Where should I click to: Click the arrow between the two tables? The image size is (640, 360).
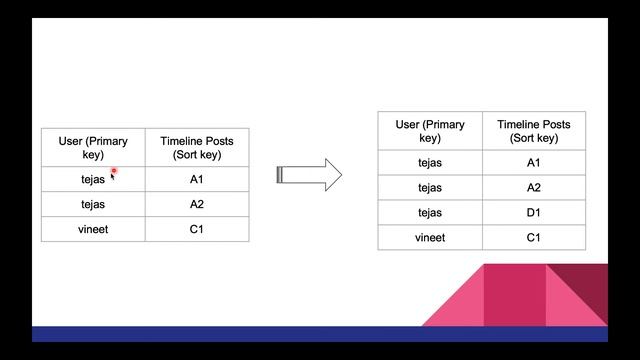pyautogui.click(x=309, y=175)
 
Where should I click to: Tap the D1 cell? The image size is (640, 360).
pyautogui.click(x=533, y=212)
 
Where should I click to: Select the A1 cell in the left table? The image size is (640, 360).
pyautogui.click(x=196, y=180)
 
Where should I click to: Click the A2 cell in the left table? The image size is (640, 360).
pyautogui.click(x=196, y=204)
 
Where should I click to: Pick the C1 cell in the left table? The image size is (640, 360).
pyautogui.click(x=196, y=229)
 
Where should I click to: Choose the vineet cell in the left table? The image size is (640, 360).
pyautogui.click(x=93, y=229)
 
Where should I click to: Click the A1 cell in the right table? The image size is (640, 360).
pyautogui.click(x=533, y=162)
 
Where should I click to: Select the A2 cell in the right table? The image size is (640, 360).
pyautogui.click(x=533, y=187)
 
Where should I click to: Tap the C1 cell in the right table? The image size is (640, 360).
pyautogui.click(x=533, y=237)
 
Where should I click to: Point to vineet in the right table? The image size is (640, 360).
pyautogui.click(x=430, y=237)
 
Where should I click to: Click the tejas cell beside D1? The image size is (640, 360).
pyautogui.click(x=430, y=212)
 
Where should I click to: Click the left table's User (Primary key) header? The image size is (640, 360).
pyautogui.click(x=93, y=148)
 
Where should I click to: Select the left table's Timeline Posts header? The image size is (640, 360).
pyautogui.click(x=196, y=148)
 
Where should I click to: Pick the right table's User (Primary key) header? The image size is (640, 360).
pyautogui.click(x=430, y=131)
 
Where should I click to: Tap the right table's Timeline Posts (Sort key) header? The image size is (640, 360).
pyautogui.click(x=533, y=131)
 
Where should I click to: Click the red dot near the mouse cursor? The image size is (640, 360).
pyautogui.click(x=114, y=171)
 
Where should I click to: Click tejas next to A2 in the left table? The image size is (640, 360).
pyautogui.click(x=93, y=204)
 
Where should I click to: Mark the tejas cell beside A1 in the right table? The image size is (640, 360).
pyautogui.click(x=430, y=162)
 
